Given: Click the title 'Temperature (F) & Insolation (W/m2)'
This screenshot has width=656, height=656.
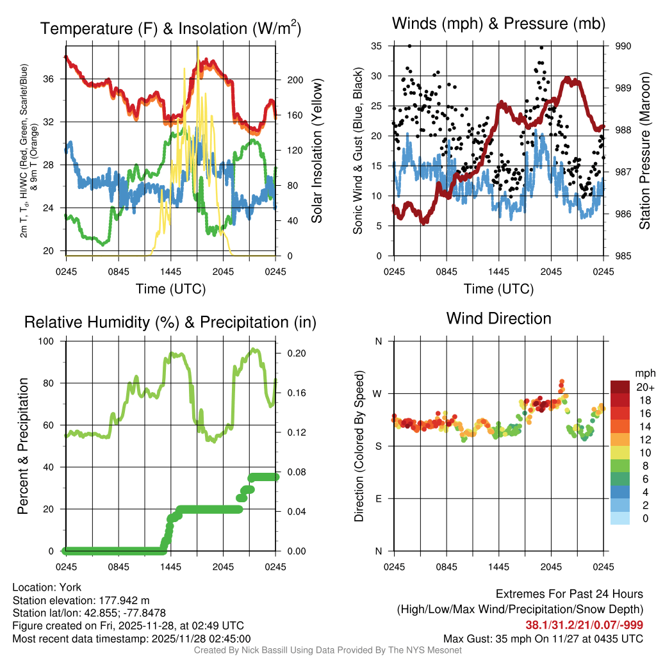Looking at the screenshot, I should point(170,29).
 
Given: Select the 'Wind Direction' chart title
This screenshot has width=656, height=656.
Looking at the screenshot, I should point(498,318).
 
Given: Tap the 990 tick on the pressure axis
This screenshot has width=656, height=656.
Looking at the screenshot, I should point(624,46).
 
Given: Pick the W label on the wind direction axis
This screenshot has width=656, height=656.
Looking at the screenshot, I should point(379,393).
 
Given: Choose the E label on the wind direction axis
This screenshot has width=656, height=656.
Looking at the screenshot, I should point(379,498).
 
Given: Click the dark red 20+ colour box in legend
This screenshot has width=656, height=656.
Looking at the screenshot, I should point(620,388).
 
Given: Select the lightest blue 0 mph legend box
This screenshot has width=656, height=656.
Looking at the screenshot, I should point(620,518).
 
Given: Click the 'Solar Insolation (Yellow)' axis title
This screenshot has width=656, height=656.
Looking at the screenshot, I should point(316,151).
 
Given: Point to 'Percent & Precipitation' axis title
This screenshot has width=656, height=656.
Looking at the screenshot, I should point(22,446).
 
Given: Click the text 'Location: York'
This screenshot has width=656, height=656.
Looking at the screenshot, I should point(47,587).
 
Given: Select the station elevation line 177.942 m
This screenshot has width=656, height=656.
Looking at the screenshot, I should point(81,600).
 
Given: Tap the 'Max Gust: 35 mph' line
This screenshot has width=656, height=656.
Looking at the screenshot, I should point(543,639).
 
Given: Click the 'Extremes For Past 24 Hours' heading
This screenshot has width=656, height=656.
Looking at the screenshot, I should point(570,594).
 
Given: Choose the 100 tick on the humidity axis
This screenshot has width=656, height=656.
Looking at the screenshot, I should point(54,341).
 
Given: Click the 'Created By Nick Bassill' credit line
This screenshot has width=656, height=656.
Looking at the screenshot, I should point(327,650).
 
